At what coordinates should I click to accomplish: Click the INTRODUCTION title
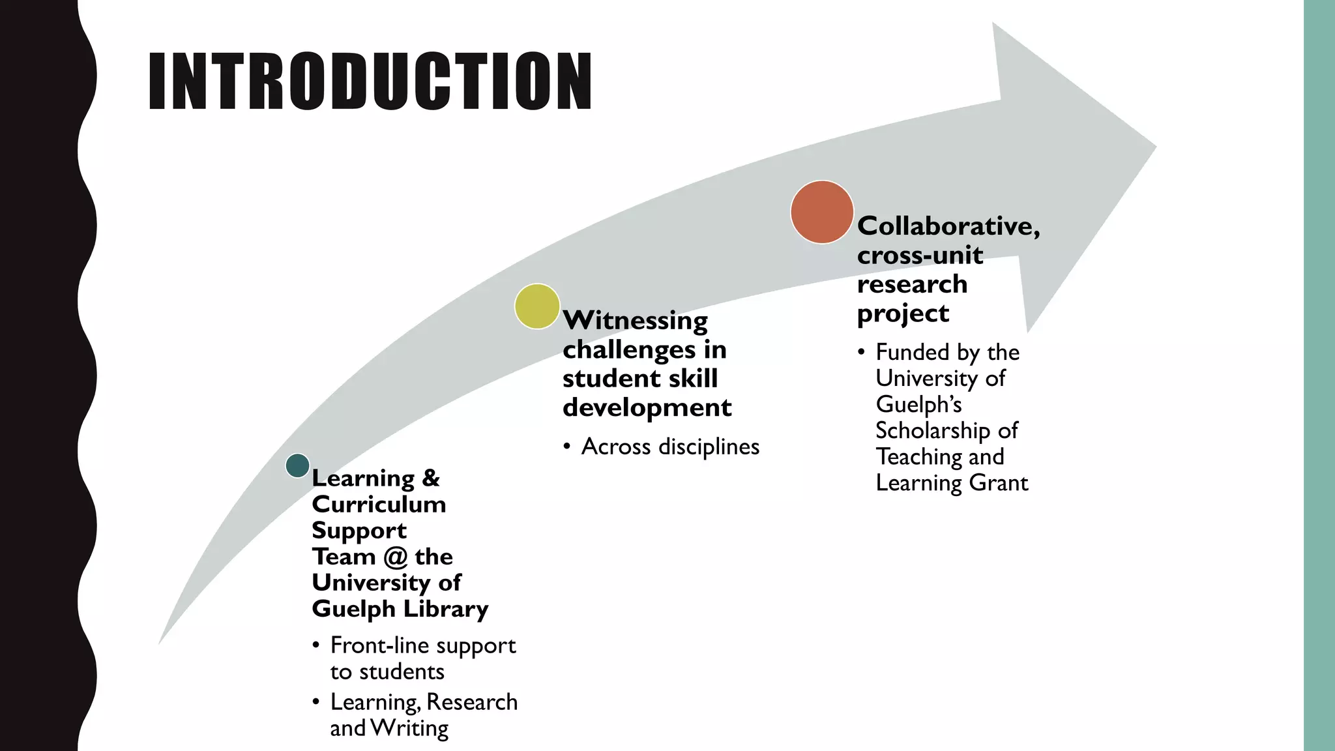[370, 81]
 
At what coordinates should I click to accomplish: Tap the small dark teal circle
[297, 465]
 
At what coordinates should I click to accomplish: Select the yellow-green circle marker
[537, 306]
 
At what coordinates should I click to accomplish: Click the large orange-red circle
[822, 212]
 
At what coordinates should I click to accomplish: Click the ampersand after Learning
[431, 478]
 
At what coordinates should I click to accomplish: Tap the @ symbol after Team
[396, 557]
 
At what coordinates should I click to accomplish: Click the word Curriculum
[379, 505]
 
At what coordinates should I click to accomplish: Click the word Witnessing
[635, 321]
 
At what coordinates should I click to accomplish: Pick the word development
[647, 408]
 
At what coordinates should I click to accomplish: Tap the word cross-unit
[920, 255]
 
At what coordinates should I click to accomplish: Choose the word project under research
[903, 314]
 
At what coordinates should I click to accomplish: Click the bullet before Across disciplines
[568, 447]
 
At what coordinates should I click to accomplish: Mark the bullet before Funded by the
[862, 353]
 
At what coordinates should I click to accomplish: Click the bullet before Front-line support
[316, 646]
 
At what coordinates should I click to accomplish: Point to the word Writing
[409, 729]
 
